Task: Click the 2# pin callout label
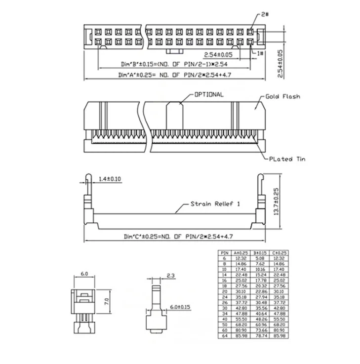265,15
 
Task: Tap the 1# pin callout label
260,52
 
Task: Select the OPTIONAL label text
209,94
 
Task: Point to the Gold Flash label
283,97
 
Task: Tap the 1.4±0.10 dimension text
110,178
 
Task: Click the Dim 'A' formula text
175,75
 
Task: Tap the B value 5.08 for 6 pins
258,258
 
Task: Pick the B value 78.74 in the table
258,336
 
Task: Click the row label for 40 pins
225,321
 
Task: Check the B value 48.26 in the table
258,321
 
